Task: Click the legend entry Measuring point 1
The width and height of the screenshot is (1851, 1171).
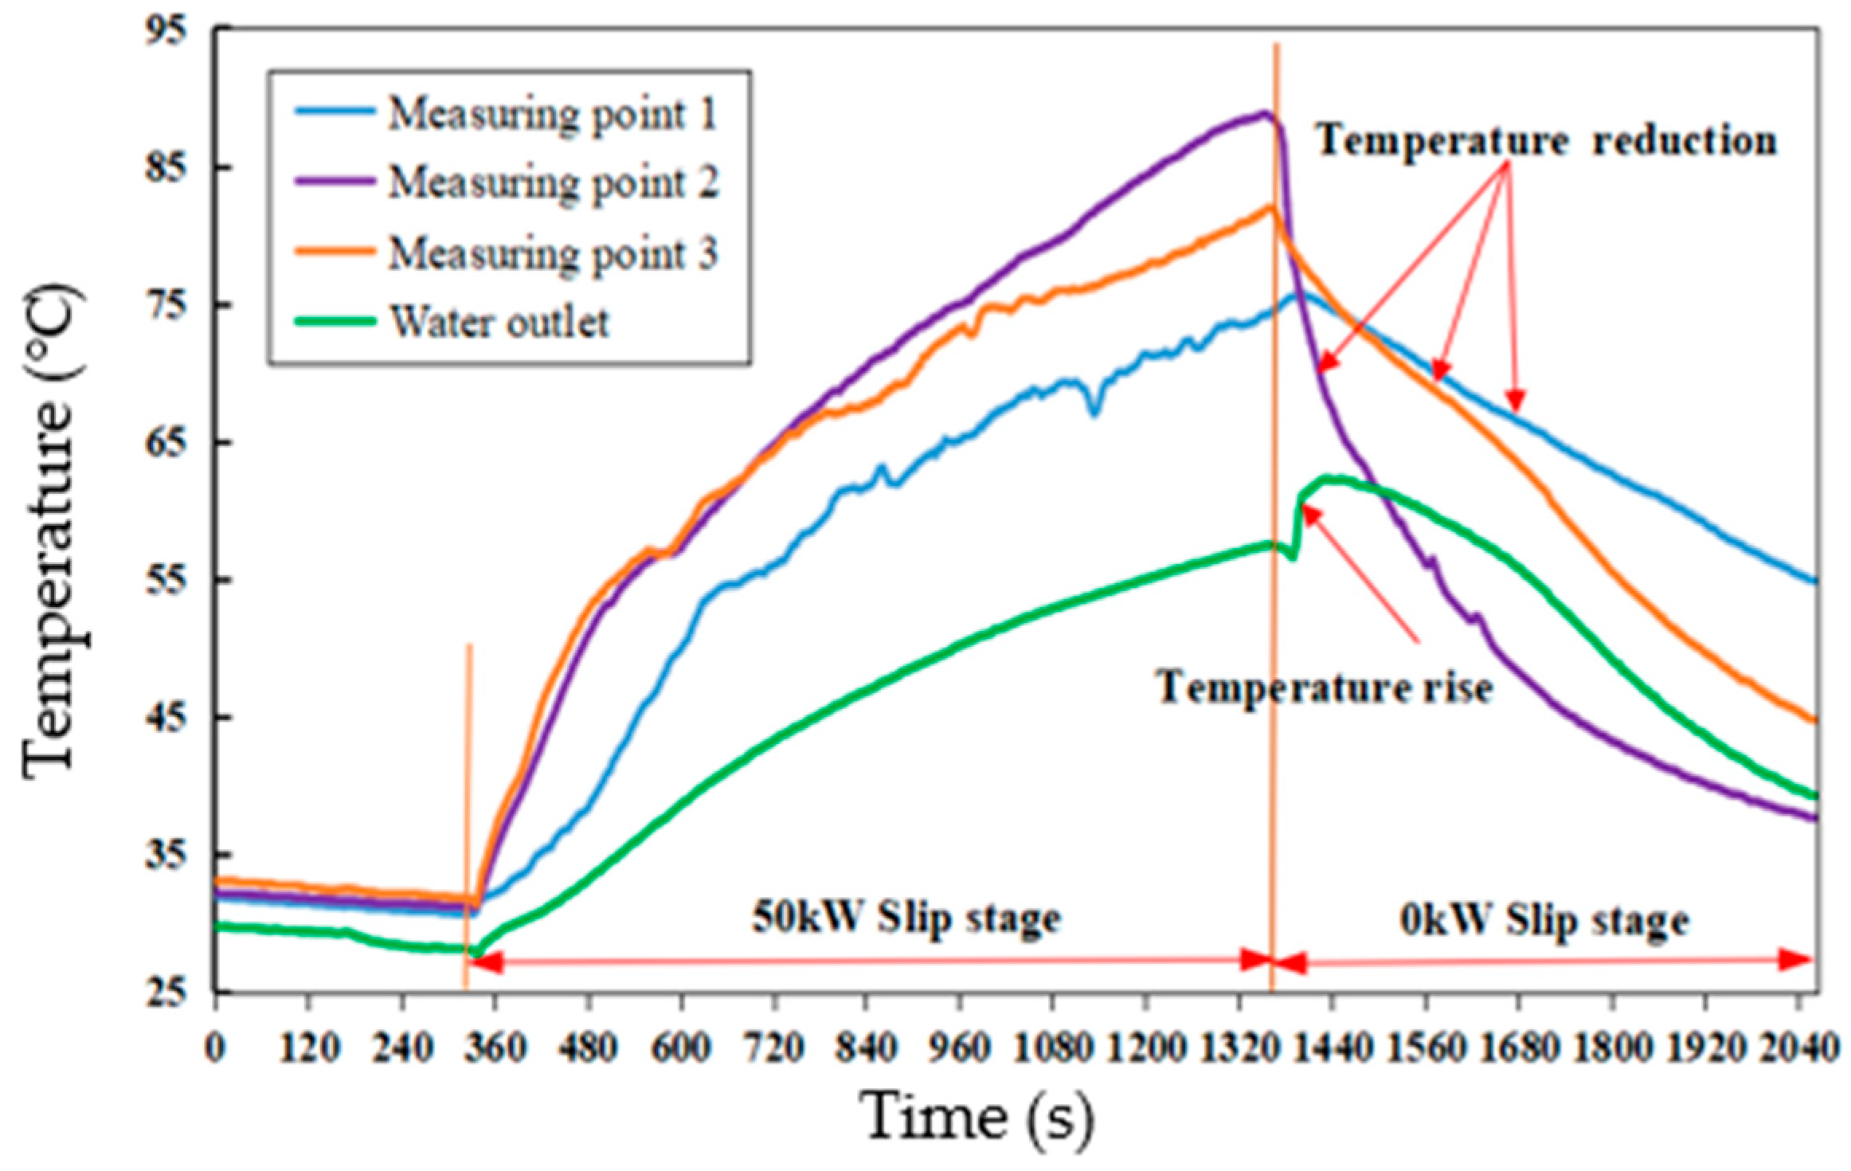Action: coord(552,115)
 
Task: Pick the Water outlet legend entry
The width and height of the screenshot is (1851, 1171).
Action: coord(499,323)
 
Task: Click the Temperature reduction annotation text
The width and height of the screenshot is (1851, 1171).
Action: coord(1545,142)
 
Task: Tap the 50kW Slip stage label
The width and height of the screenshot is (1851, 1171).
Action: coord(906,918)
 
